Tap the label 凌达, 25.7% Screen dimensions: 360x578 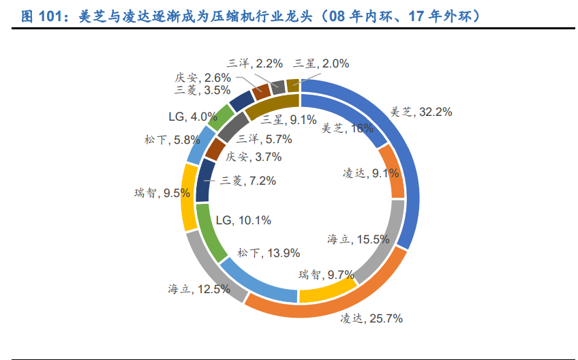tap(372, 318)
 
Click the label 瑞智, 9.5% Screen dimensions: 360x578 tap(162, 193)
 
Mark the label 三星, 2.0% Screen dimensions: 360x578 tap(321, 63)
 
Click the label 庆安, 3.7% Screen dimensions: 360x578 tap(253, 157)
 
